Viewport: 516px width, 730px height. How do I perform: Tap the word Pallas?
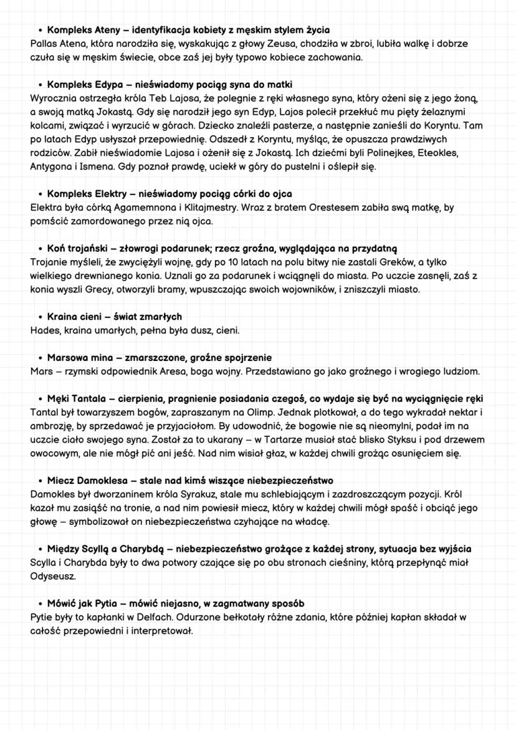pyautogui.click(x=44, y=44)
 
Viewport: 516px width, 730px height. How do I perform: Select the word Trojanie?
pyautogui.click(x=49, y=262)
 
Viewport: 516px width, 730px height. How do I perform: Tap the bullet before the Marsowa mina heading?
pyautogui.click(x=40, y=358)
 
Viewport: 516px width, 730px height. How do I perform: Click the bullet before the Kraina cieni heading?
pyautogui.click(x=40, y=317)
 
